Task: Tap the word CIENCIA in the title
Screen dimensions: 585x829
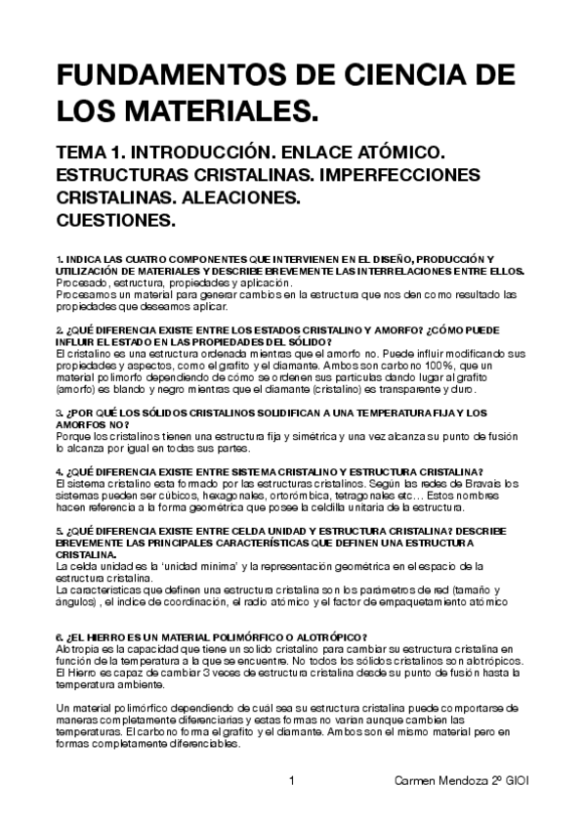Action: pos(411,77)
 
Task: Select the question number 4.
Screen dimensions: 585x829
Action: pos(59,470)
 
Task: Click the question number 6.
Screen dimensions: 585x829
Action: pos(59,636)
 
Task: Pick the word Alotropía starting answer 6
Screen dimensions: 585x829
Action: pos(78,649)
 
